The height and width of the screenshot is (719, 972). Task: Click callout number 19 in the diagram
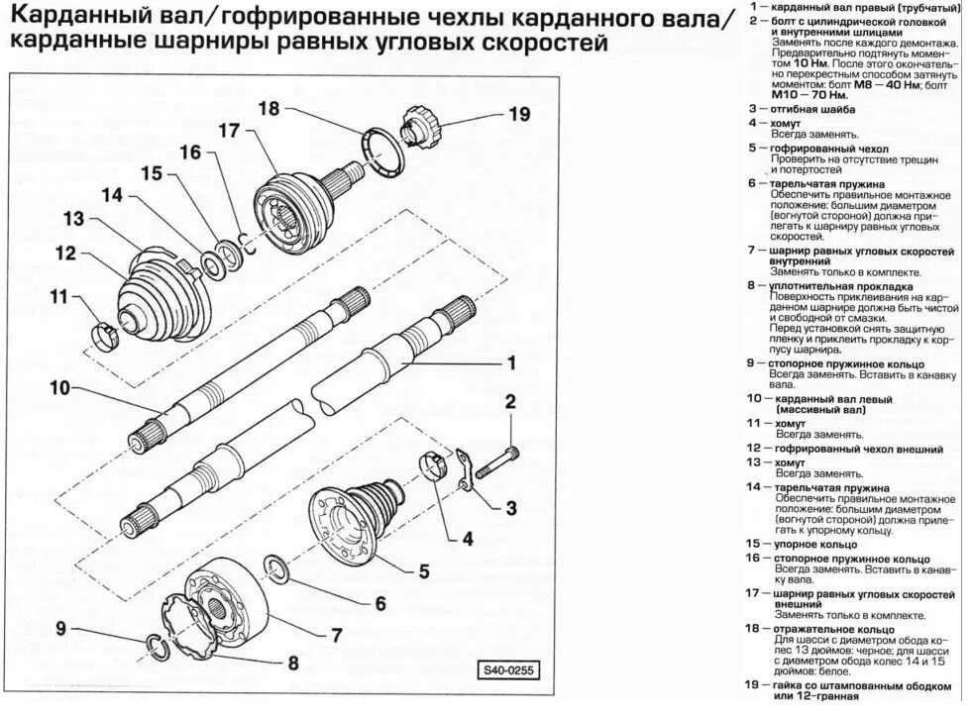pyautogui.click(x=519, y=114)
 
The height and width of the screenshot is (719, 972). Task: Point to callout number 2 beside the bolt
pyautogui.click(x=511, y=401)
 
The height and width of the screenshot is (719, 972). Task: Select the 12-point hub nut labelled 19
pyautogui.click(x=418, y=126)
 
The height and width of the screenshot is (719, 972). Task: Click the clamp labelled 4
pyautogui.click(x=433, y=463)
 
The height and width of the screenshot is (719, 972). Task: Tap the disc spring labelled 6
pyautogui.click(x=277, y=568)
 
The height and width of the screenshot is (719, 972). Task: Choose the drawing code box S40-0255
pyautogui.click(x=508, y=669)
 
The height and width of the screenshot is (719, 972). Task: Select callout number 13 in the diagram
pyautogui.click(x=74, y=219)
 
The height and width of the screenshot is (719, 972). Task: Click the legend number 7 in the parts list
pyautogui.click(x=753, y=252)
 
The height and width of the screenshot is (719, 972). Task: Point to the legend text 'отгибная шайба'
pyautogui.click(x=813, y=109)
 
